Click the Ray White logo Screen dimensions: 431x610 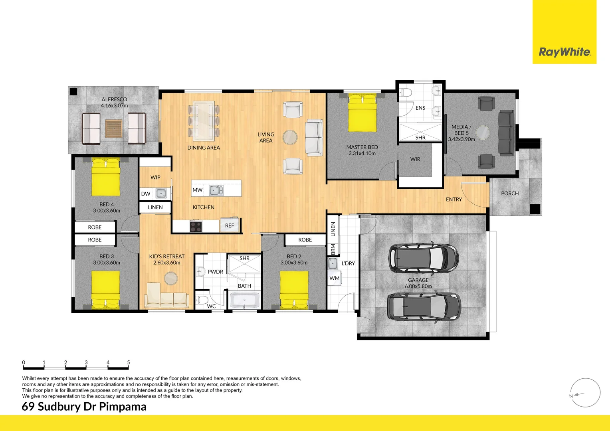click(x=564, y=52)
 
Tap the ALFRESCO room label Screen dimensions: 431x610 click(x=114, y=99)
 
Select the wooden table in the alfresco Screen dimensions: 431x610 click(x=114, y=128)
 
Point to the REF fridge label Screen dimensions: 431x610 click(x=230, y=225)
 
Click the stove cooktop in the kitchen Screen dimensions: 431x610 click(x=196, y=226)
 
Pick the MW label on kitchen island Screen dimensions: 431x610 click(x=197, y=190)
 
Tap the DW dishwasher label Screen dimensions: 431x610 click(x=146, y=194)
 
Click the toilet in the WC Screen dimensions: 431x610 click(x=202, y=300)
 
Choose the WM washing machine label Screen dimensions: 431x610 click(x=335, y=278)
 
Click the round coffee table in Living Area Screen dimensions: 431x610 click(x=290, y=137)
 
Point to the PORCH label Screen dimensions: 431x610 click(x=510, y=193)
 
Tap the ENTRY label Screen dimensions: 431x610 click(x=454, y=199)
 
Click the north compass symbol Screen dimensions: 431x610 click(x=585, y=393)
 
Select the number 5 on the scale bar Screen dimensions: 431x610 click(x=128, y=362)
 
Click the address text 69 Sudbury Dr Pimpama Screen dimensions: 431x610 click(x=84, y=407)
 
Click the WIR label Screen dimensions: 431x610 click(x=415, y=159)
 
